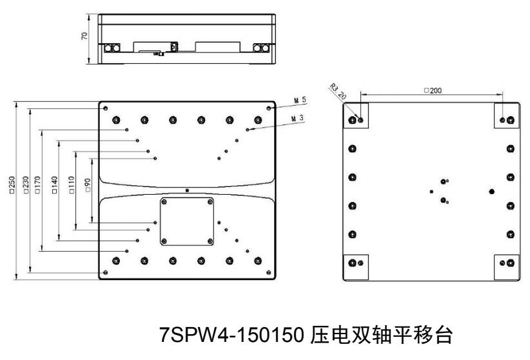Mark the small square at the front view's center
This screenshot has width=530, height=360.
click(187, 190)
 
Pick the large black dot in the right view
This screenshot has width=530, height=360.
click(492, 191)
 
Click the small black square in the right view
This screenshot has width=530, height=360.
click(431, 192)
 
